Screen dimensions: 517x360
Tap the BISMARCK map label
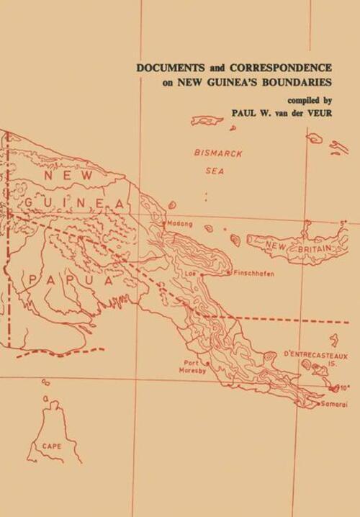coord(218,153)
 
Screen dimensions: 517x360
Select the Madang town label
coord(180,224)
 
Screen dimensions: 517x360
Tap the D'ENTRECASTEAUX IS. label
coord(318,360)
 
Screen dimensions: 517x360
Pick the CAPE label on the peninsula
coord(55,446)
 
